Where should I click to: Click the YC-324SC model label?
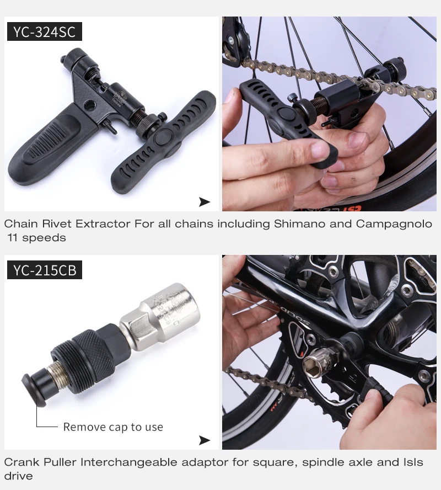[x=44, y=31]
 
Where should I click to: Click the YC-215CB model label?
[x=44, y=270]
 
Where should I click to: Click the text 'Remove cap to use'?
[x=113, y=427]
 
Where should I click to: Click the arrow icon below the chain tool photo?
[x=205, y=202]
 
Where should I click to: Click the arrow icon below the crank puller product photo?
[x=205, y=440]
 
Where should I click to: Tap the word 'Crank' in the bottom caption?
[x=19, y=462]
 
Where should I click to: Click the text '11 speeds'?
[x=36, y=238]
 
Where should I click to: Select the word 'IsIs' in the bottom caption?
[x=411, y=462]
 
